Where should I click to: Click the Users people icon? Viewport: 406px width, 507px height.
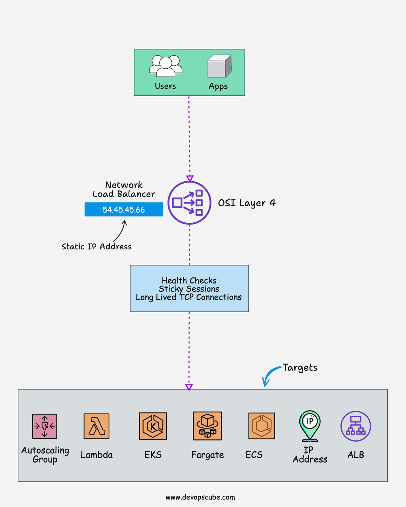165,66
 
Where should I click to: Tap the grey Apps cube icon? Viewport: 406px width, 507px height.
219,66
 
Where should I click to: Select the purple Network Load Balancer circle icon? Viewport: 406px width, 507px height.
189,203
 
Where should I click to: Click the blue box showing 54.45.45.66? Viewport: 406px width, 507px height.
124,210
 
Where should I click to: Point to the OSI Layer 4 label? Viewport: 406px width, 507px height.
247,203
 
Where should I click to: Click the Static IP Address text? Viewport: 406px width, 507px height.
97,247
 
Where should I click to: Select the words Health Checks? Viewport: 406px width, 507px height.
189,281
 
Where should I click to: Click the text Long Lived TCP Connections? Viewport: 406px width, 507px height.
189,297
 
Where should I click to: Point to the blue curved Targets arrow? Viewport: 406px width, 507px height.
270,375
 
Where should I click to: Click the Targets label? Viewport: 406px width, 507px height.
300,368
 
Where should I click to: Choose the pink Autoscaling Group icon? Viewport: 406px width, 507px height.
45,426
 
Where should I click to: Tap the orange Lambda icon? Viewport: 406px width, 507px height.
97,426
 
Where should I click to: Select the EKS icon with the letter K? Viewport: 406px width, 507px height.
153,426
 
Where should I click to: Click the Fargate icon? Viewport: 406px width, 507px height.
207,426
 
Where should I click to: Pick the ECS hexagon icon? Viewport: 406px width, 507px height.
262,426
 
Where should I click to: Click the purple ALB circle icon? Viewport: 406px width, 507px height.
356,426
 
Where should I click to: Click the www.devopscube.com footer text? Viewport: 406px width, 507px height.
200,497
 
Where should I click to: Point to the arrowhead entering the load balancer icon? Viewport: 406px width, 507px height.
190,178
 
